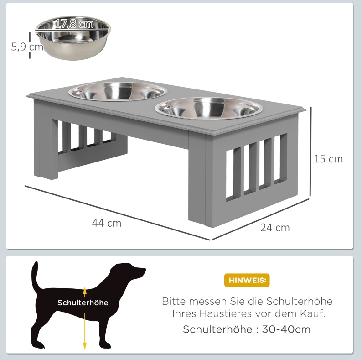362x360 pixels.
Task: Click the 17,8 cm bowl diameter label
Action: (74, 24)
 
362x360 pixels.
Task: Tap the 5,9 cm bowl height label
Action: (27, 47)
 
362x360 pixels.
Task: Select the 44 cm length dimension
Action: (106, 223)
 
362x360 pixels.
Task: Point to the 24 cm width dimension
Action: (275, 228)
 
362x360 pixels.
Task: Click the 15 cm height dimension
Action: (328, 159)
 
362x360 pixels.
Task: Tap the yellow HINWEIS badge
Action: (247, 280)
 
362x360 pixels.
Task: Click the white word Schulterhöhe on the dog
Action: (83, 303)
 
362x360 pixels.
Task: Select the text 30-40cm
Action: (286, 329)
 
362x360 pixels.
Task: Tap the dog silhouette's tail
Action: (35, 275)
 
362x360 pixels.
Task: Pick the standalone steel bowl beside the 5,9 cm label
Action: (73, 38)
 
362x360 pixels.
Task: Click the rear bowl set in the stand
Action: (118, 92)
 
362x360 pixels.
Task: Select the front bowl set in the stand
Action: (209, 109)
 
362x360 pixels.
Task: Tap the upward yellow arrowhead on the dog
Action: (85, 290)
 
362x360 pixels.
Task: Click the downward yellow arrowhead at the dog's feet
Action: (85, 345)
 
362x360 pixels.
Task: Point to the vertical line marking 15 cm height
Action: (311, 151)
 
